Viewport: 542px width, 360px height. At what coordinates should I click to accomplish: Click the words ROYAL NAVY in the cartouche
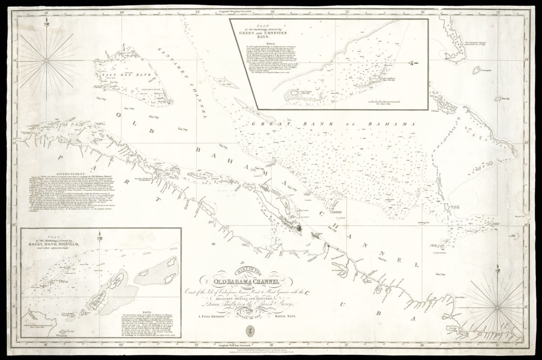[288, 317]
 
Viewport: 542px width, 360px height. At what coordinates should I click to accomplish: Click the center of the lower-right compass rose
[497, 307]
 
